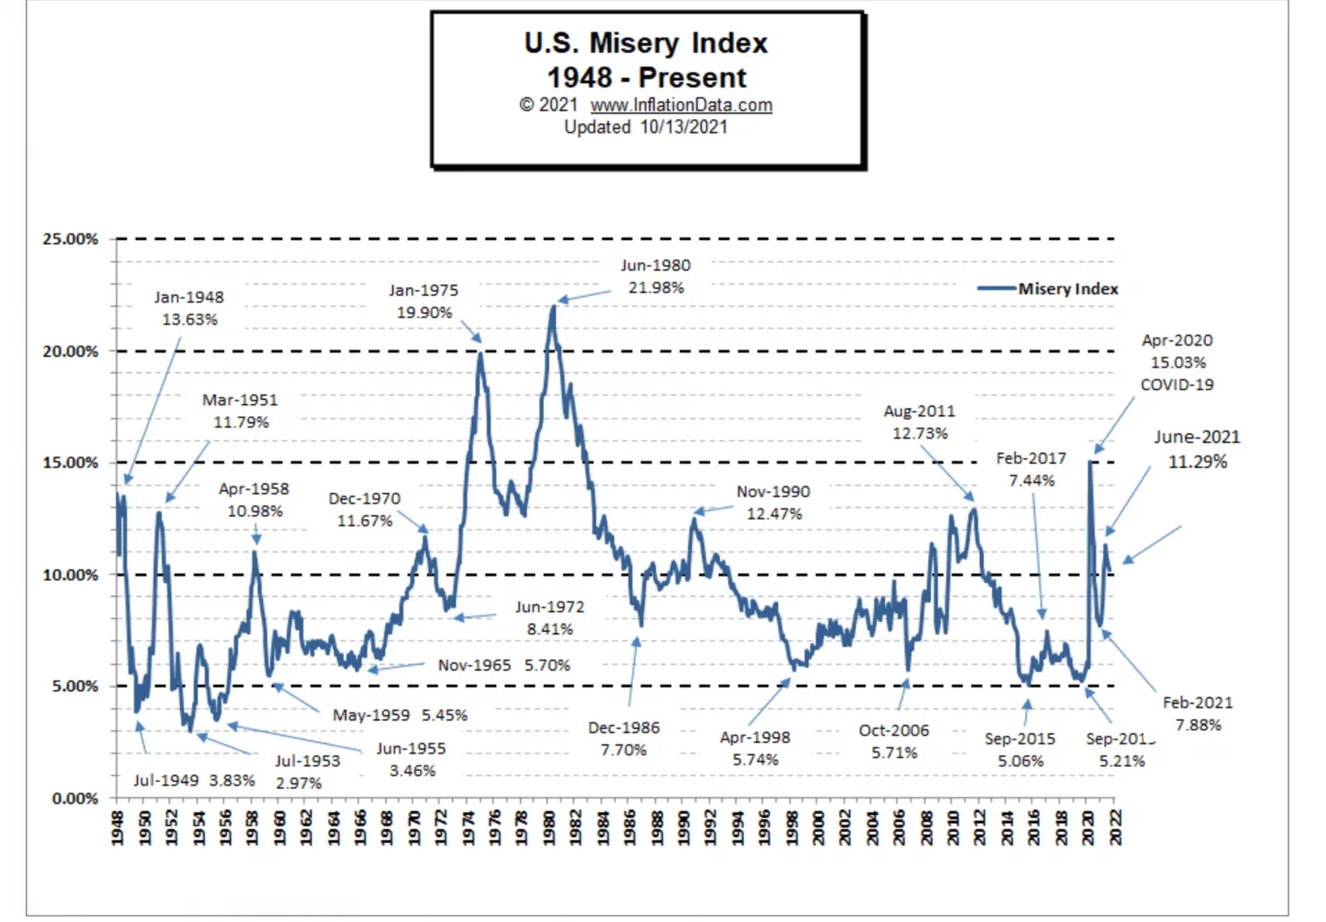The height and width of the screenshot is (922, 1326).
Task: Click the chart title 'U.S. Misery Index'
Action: (646, 43)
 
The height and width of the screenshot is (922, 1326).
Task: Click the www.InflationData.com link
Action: (681, 105)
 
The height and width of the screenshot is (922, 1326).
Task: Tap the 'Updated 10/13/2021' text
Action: (646, 128)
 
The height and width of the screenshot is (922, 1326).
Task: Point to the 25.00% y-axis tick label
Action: (70, 239)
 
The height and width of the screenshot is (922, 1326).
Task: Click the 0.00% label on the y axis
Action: (75, 799)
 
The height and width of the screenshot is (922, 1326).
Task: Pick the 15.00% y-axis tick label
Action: (70, 463)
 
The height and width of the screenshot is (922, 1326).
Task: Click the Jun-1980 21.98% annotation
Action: (656, 277)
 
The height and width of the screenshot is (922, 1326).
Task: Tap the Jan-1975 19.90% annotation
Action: (423, 302)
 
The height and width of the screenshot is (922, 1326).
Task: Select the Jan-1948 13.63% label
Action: (189, 308)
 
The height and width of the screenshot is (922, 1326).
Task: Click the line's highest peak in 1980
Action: (553, 307)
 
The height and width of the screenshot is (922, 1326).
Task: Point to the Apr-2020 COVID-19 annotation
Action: (1177, 363)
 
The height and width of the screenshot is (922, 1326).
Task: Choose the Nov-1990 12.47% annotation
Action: (773, 503)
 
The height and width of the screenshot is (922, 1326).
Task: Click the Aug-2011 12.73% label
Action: (919, 422)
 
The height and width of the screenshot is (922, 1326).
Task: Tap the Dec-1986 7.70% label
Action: (624, 739)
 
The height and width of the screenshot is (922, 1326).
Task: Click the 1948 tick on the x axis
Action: (118, 828)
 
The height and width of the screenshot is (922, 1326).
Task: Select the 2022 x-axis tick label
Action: (1115, 828)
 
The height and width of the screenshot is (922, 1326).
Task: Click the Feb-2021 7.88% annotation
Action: (1198, 714)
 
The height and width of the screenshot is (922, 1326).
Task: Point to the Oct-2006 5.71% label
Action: (893, 741)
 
